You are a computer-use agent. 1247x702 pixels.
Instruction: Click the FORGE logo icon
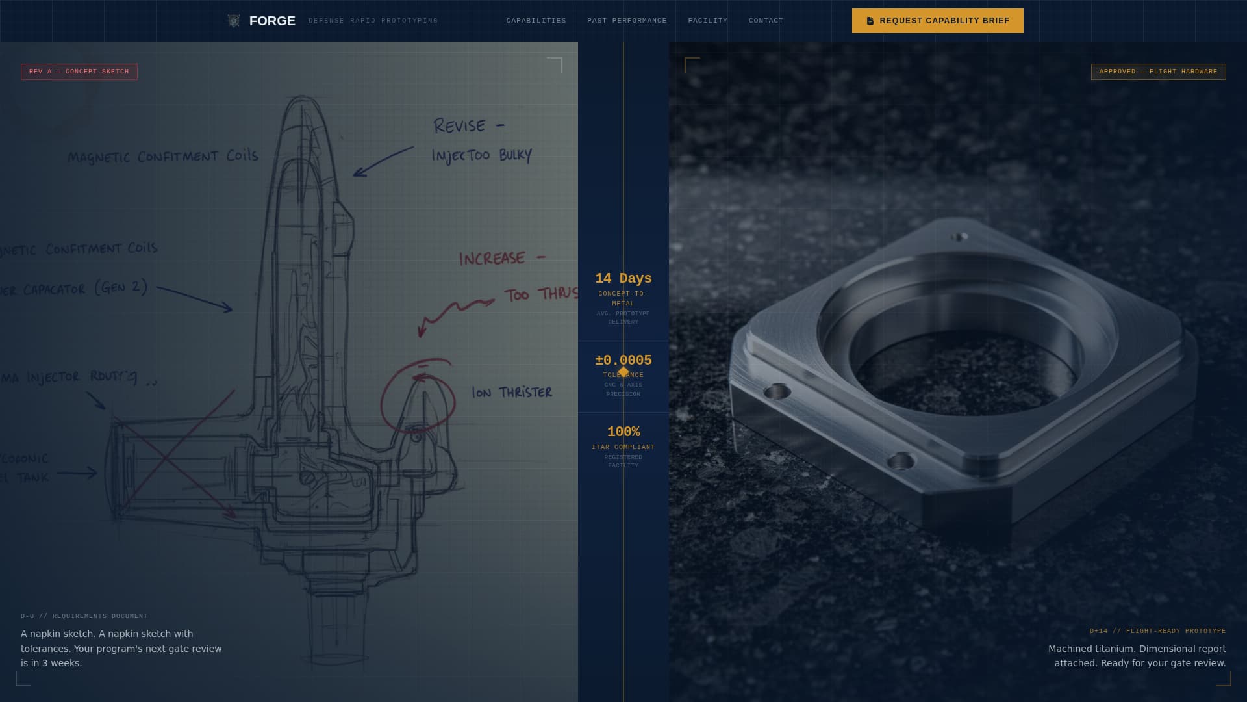click(234, 21)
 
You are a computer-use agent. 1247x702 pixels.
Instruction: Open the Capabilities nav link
click(536, 21)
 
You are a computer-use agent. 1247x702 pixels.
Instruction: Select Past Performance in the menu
click(627, 21)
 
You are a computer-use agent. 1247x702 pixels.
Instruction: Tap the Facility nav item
click(707, 21)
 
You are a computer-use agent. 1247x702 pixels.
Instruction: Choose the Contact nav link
click(766, 21)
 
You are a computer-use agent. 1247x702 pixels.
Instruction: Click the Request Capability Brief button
click(937, 21)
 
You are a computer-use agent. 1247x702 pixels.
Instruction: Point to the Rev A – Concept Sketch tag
click(79, 71)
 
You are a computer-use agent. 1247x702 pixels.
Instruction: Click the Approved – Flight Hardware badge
click(1158, 71)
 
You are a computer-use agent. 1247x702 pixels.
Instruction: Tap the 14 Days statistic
click(623, 278)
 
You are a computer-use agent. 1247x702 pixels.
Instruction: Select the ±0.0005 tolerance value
click(623, 360)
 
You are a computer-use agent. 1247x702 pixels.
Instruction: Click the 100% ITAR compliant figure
click(623, 432)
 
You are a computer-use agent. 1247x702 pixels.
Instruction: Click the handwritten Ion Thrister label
click(512, 393)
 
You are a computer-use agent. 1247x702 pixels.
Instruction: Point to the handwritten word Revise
click(460, 126)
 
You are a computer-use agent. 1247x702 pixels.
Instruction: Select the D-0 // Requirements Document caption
click(84, 616)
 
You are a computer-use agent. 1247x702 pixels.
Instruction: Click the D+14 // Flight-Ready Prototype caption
click(1157, 631)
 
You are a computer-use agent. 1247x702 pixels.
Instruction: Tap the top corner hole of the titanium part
click(959, 237)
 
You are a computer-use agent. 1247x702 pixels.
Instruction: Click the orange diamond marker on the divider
click(623, 372)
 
